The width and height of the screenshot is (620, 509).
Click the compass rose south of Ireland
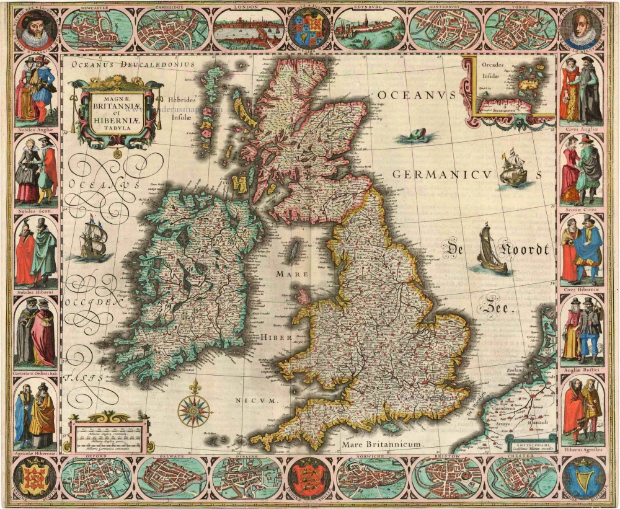point(195,410)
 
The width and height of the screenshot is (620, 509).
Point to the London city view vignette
point(249,29)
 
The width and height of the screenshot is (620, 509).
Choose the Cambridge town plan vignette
point(172,30)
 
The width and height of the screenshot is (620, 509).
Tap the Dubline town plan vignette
point(247,478)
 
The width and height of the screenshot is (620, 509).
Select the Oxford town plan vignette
point(95,479)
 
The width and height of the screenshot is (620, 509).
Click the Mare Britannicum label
point(380,445)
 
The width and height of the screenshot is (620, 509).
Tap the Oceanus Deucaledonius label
point(132,64)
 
